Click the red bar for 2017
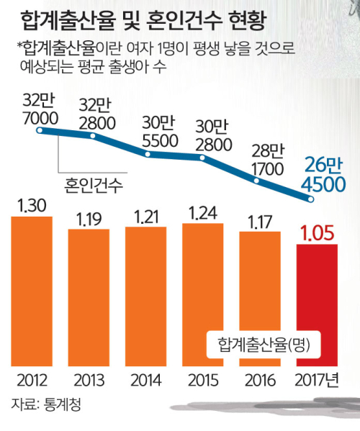pyautogui.click(x=317, y=305)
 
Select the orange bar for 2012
pyautogui.click(x=32, y=291)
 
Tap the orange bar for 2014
pyautogui.click(x=145, y=296)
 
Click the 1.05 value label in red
pyautogui.click(x=317, y=233)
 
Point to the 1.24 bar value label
pyautogui.click(x=203, y=213)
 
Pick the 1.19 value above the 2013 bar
pyautogui.click(x=89, y=219)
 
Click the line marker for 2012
pyautogui.click(x=40, y=130)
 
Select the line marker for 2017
pyautogui.click(x=311, y=199)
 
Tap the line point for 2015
pyautogui.click(x=202, y=158)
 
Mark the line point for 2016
pyautogui.click(x=256, y=181)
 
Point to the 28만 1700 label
pyautogui.click(x=268, y=160)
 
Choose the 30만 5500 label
pyautogui.click(x=160, y=132)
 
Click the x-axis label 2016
pyautogui.click(x=260, y=381)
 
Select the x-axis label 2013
pyautogui.click(x=89, y=381)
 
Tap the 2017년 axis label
pyautogui.click(x=317, y=381)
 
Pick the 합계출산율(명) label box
pyautogui.click(x=264, y=345)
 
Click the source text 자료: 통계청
pyautogui.click(x=46, y=404)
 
